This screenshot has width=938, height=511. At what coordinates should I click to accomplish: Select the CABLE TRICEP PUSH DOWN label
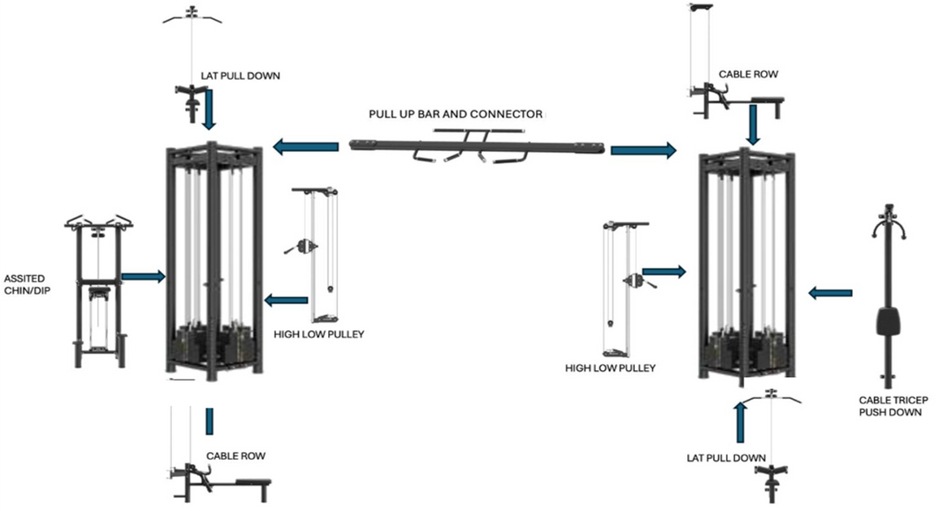(889, 406)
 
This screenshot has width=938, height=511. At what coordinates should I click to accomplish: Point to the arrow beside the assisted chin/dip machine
(142, 276)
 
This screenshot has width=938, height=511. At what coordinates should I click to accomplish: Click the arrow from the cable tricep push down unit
(830, 293)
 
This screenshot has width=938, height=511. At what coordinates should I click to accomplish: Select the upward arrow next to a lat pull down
(740, 422)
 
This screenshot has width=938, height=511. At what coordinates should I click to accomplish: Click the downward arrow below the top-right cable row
(753, 127)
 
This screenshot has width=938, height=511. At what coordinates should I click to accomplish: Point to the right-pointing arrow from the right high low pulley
(664, 272)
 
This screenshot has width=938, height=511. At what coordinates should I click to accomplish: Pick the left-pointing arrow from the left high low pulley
(286, 301)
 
